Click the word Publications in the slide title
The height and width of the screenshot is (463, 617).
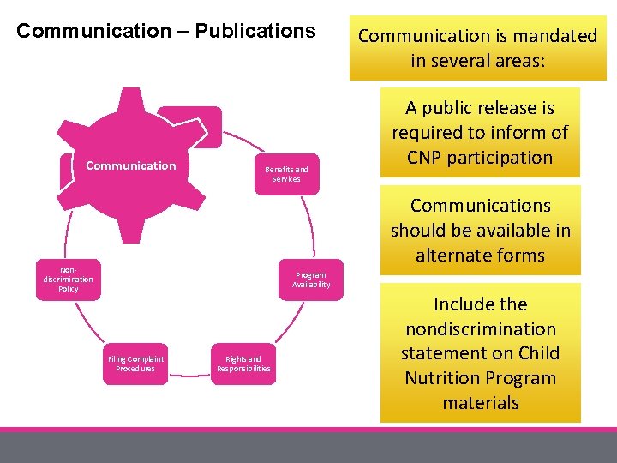click(255, 32)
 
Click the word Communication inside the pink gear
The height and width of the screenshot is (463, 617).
click(131, 165)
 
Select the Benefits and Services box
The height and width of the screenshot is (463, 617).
click(286, 174)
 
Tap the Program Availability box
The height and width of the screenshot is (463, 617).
click(310, 280)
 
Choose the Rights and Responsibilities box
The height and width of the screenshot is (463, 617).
click(243, 364)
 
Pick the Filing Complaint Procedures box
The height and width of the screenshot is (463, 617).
click(135, 364)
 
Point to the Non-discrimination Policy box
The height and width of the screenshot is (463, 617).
click(69, 280)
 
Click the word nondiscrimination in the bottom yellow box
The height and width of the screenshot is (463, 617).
click(481, 329)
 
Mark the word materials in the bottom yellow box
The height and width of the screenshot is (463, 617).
click(481, 403)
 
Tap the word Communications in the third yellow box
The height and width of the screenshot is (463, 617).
click(481, 206)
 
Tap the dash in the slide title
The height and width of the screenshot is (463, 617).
click(183, 32)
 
